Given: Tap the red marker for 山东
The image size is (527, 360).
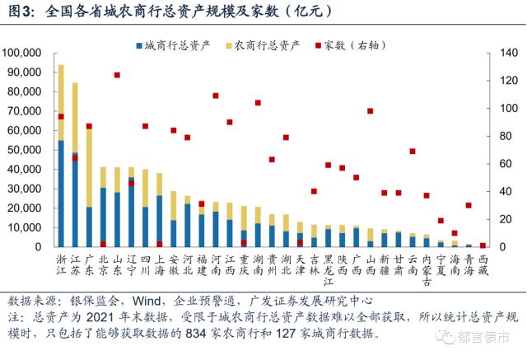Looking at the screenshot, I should pyautogui.click(x=117, y=75).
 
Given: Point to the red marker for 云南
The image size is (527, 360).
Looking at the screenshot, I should pyautogui.click(x=412, y=152).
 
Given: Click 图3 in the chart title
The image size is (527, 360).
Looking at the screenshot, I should pyautogui.click(x=20, y=12).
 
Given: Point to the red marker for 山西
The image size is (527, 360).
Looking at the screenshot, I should pyautogui.click(x=370, y=111).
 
